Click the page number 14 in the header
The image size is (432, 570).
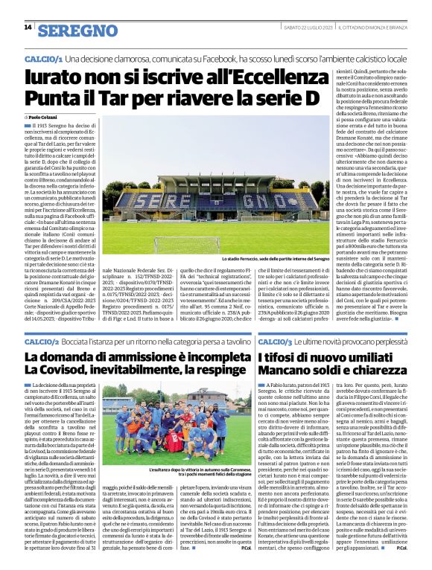pyautogui.click(x=27, y=28)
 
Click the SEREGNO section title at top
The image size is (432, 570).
pyautogui.click(x=77, y=31)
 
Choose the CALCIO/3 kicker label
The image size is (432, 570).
pyautogui.click(x=277, y=340)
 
